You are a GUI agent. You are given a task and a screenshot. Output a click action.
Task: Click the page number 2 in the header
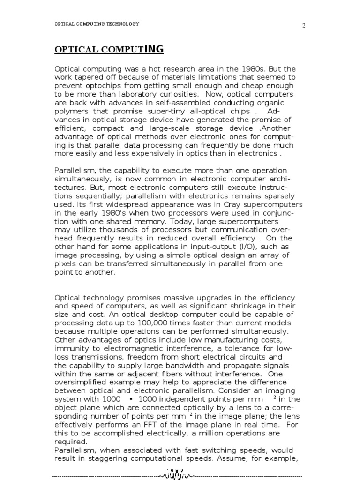(x=303, y=26)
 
